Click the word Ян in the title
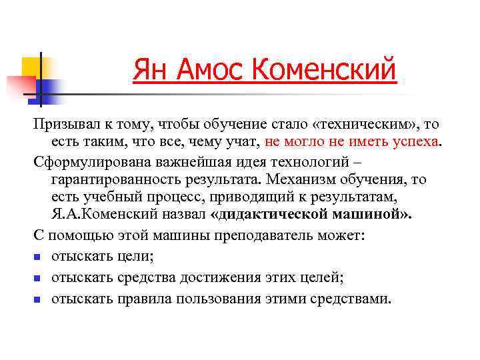148,69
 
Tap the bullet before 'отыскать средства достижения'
38,278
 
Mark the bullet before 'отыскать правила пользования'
38,299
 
